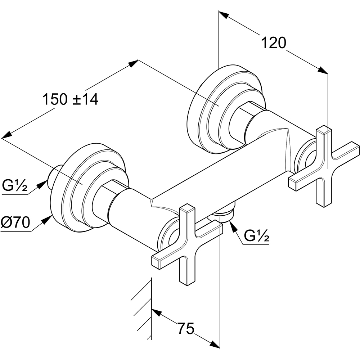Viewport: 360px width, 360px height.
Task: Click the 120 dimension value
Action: [274, 43]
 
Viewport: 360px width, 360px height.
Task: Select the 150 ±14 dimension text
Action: [71, 99]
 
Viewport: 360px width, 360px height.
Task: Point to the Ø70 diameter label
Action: [15, 222]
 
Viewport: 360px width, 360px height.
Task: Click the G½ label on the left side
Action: [15, 186]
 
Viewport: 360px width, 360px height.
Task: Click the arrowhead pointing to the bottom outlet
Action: [233, 226]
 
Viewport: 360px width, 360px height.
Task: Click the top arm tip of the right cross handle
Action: [324, 129]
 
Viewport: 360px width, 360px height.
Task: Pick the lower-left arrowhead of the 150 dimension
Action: [6, 135]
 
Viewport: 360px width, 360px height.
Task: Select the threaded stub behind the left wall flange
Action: [54, 177]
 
